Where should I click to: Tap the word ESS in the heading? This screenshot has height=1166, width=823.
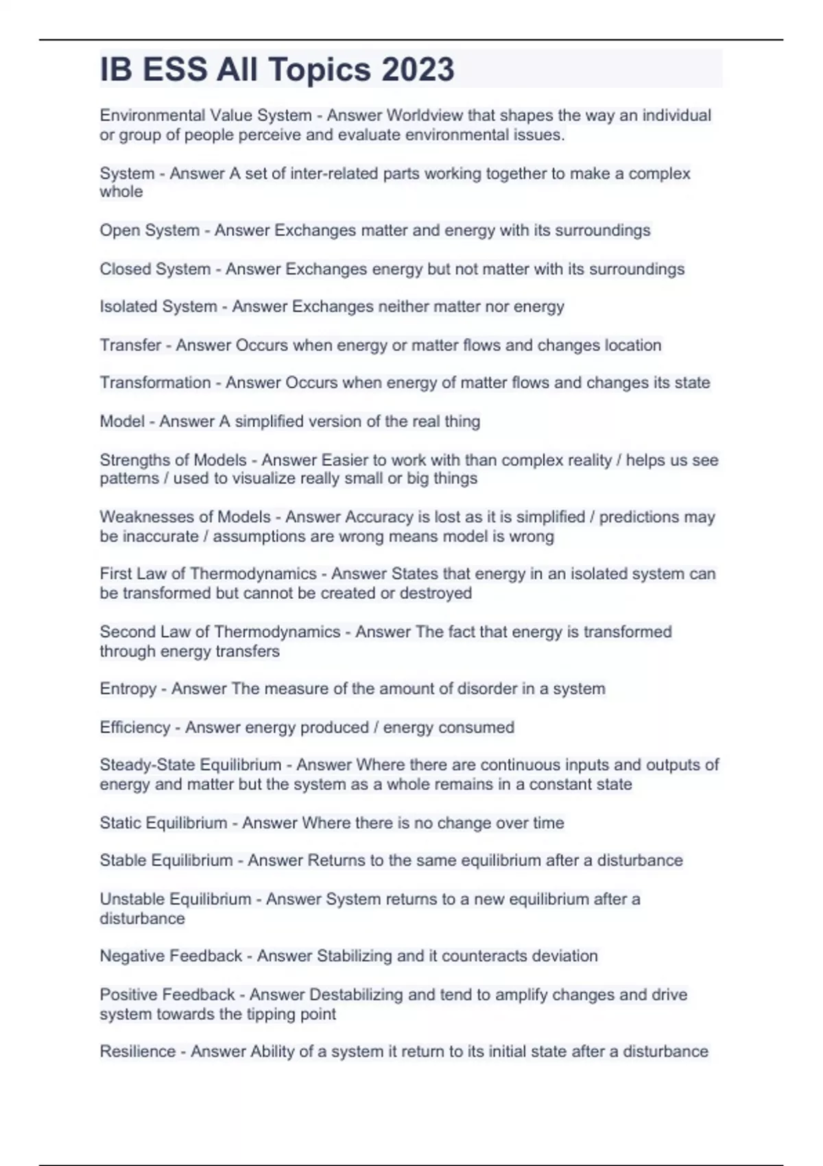[175, 70]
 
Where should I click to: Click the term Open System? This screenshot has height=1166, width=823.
[150, 230]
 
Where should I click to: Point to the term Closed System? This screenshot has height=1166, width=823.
[155, 269]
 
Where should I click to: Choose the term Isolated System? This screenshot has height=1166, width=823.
[158, 307]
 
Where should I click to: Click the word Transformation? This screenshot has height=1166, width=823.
[155, 383]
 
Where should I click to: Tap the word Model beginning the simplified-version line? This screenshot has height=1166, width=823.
[122, 421]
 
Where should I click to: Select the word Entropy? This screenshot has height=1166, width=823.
[128, 689]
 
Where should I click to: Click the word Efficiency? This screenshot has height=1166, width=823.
[135, 727]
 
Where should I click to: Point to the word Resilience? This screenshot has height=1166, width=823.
[138, 1051]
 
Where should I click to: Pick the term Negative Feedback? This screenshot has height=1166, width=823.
[171, 956]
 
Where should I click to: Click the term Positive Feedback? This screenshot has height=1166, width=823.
[167, 995]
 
